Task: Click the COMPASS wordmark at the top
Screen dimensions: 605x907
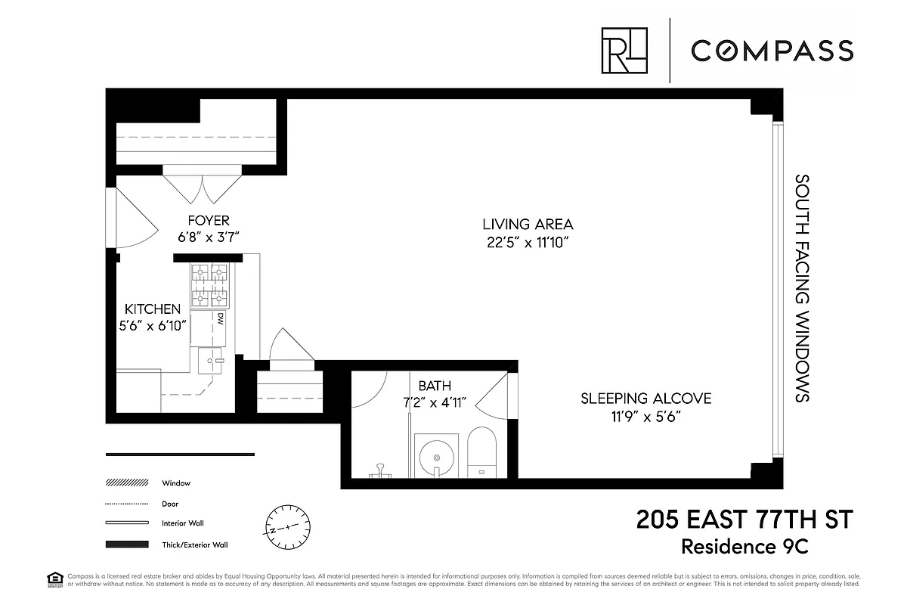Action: [x=772, y=51]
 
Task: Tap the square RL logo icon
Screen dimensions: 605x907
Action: [x=624, y=51]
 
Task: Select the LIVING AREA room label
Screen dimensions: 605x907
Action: [x=528, y=224]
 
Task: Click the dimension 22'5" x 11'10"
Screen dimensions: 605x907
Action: [x=528, y=243]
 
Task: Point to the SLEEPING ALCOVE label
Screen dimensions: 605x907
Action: [x=645, y=399]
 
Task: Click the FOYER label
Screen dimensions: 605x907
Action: [x=209, y=221]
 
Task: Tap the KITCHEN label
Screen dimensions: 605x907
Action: [x=153, y=309]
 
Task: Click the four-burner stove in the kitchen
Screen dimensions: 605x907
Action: [x=209, y=286]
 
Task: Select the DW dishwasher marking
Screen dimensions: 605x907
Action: [x=220, y=320]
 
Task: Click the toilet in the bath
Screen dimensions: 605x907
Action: [x=481, y=453]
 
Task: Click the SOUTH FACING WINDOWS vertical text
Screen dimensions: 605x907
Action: [x=803, y=288]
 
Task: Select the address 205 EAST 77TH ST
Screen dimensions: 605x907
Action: [x=744, y=520]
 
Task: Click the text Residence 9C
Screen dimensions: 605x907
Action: [x=766, y=545]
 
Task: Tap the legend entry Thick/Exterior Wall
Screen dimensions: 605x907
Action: [x=194, y=544]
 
